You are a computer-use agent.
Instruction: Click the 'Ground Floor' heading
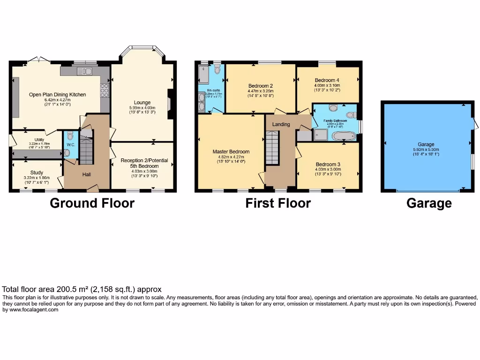coord(92,203)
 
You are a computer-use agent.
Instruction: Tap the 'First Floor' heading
coord(277,203)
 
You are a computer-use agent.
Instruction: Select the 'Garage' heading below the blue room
coord(429,203)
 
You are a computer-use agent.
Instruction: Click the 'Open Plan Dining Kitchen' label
coord(57,94)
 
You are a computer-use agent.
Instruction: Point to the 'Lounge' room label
coord(142,102)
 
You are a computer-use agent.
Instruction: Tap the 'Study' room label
coord(37,172)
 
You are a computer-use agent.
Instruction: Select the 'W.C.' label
coord(71,144)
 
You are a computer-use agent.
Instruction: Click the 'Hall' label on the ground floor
coord(87,174)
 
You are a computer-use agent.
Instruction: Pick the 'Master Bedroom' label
coord(231,151)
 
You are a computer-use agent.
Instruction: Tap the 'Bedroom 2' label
coord(261,85)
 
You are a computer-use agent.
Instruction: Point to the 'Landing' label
coord(281,124)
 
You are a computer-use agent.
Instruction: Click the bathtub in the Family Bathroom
coord(344,136)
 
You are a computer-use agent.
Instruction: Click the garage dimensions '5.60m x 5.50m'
coord(426,150)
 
